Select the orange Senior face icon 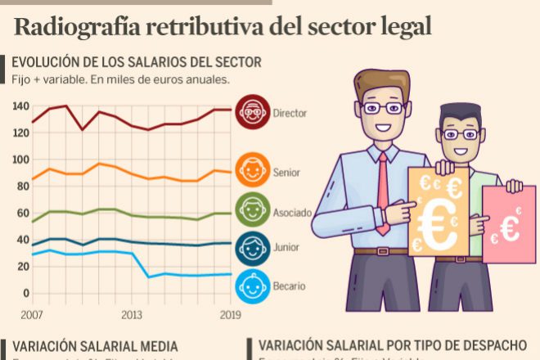(252, 173)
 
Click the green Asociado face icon (252, 212)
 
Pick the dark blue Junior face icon (252, 247)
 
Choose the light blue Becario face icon (252, 286)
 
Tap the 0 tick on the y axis (25, 293)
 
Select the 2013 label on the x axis (132, 315)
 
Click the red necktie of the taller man (383, 193)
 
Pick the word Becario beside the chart (290, 286)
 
